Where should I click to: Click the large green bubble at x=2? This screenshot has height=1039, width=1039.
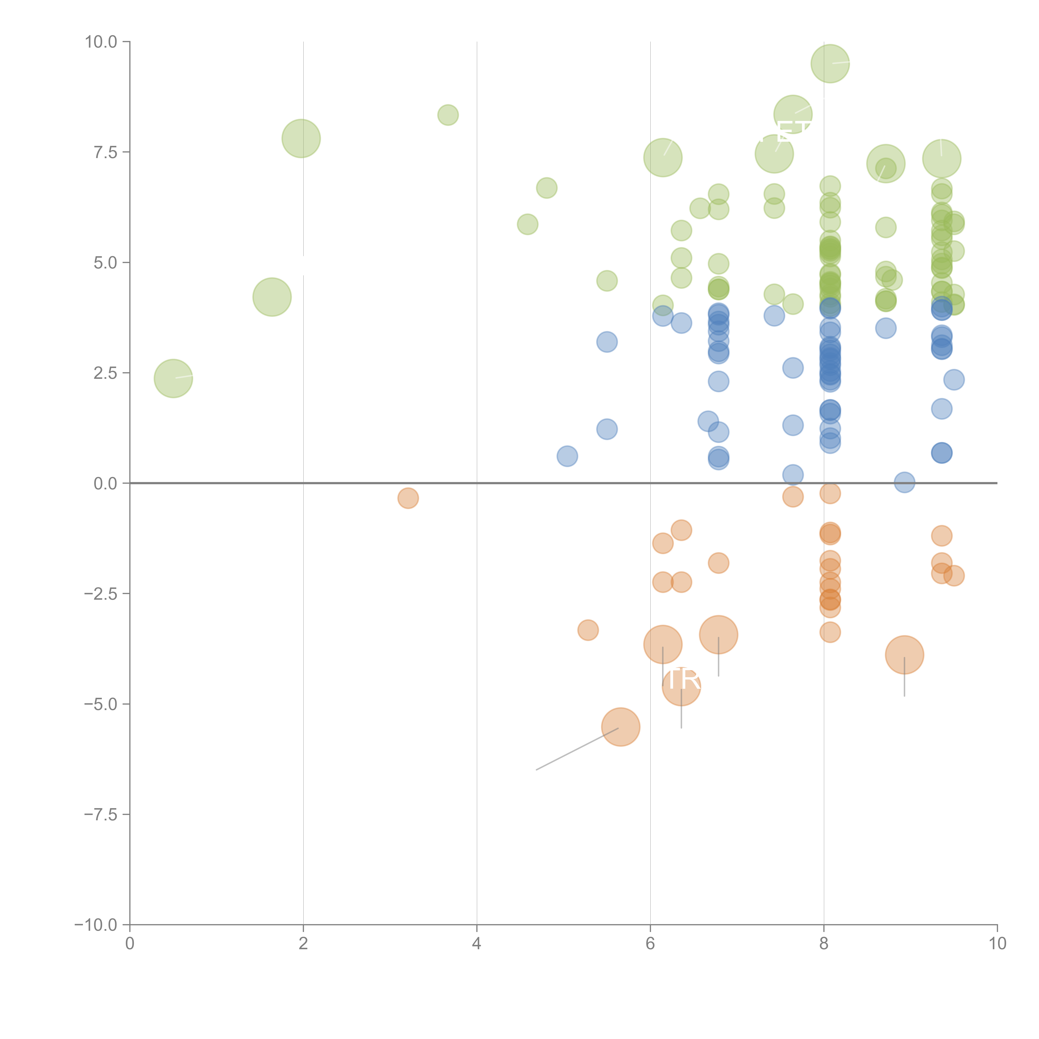[x=301, y=139]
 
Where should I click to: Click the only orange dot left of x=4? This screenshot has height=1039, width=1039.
[x=408, y=498]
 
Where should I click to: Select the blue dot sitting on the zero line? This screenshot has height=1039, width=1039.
[x=905, y=482]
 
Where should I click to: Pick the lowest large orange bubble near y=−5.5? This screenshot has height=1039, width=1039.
[x=621, y=727]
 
